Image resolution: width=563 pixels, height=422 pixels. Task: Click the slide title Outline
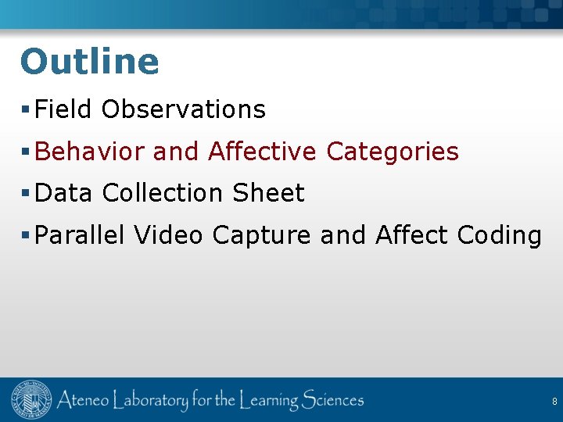(x=89, y=62)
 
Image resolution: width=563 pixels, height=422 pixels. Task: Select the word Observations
(x=184, y=109)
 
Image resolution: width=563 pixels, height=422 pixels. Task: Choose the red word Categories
(x=393, y=152)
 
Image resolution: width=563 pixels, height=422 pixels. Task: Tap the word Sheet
(x=268, y=193)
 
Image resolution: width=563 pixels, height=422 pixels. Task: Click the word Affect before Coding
(x=411, y=235)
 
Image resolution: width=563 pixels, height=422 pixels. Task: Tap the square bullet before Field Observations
(x=27, y=110)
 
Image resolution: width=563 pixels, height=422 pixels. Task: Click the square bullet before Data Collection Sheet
(x=27, y=194)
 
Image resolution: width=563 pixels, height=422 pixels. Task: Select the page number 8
(x=554, y=402)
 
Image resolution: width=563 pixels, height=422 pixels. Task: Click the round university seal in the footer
(x=31, y=401)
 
